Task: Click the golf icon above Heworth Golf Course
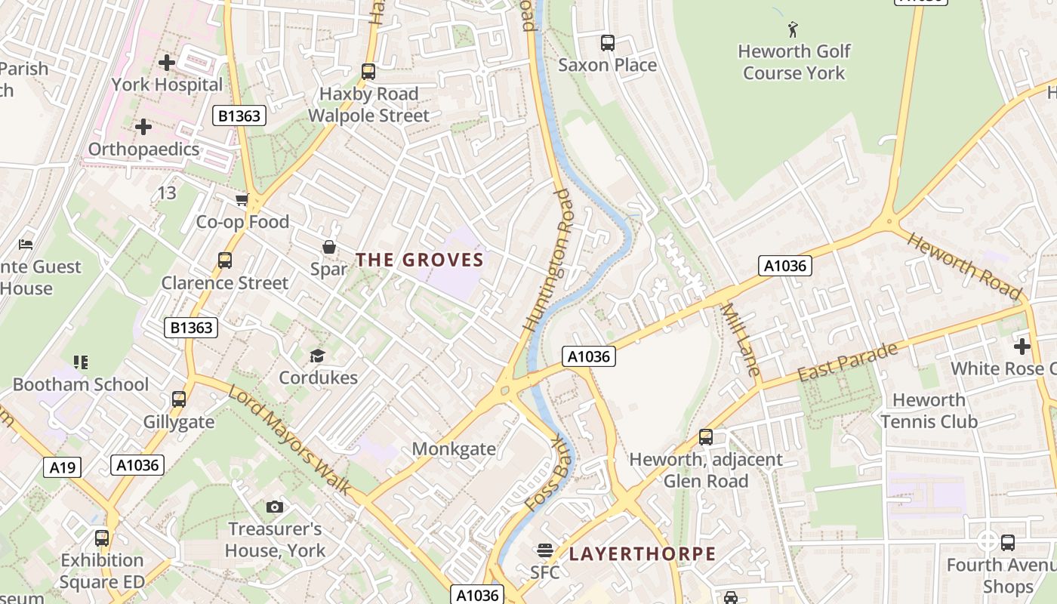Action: [793, 29]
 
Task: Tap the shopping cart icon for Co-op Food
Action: [242, 199]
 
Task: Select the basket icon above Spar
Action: [329, 247]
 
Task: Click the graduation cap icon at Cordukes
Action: [317, 356]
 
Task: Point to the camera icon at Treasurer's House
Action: [275, 507]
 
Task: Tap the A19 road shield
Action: [62, 468]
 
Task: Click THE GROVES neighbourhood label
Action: [419, 260]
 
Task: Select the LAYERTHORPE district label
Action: [642, 554]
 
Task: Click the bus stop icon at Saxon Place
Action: [607, 43]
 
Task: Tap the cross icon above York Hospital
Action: [167, 63]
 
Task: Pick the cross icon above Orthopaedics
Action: [143, 127]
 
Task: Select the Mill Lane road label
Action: [740, 339]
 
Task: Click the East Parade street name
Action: [848, 362]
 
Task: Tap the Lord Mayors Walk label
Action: [290, 440]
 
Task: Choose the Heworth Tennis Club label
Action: [929, 411]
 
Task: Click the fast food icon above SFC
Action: [544, 550]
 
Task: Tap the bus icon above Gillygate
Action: [179, 399]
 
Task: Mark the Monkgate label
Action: [454, 449]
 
